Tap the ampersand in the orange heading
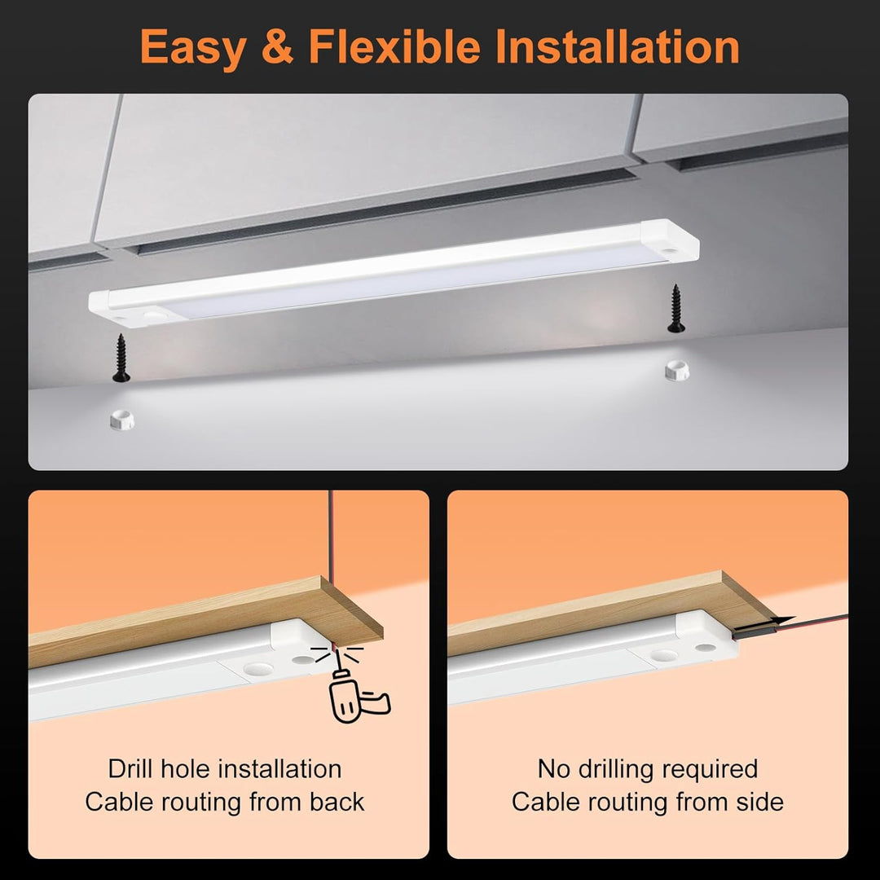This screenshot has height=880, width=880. click(277, 46)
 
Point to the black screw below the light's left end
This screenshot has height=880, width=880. click(121, 358)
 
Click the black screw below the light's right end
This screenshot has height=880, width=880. click(675, 308)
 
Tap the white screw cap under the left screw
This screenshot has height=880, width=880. click(121, 420)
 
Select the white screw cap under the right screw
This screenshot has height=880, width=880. click(677, 371)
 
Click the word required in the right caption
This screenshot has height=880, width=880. click(711, 770)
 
